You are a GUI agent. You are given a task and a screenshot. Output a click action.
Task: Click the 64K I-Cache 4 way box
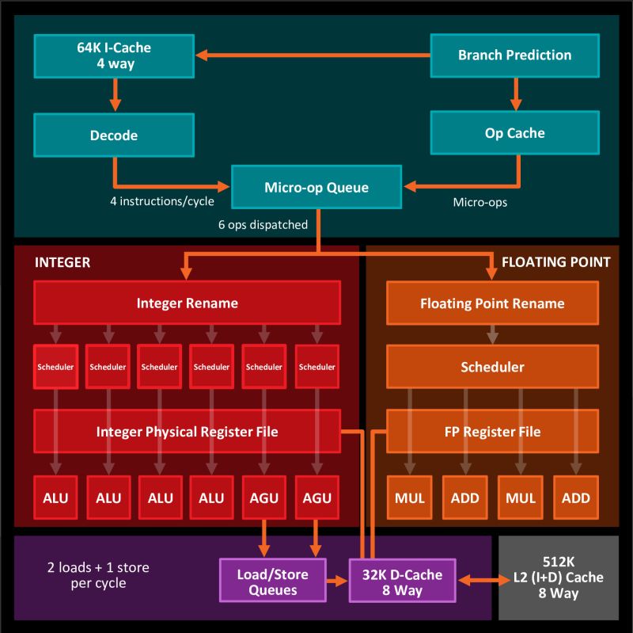tap(113, 55)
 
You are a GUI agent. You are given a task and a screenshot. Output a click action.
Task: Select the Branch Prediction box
tap(514, 55)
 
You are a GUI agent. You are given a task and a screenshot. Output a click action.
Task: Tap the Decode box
tap(113, 135)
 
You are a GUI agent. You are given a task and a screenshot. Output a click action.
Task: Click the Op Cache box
tap(514, 133)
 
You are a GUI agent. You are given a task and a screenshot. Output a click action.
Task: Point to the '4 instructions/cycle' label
tap(161, 201)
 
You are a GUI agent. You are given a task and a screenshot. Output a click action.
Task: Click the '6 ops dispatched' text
tap(263, 224)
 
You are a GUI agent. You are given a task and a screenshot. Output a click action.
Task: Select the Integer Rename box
tap(187, 303)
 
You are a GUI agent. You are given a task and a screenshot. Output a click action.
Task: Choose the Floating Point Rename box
tap(492, 303)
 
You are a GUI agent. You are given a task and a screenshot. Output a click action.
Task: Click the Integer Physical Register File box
tap(187, 432)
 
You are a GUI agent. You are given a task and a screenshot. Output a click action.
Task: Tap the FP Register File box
tap(492, 432)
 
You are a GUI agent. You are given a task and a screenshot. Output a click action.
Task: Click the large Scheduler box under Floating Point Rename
tap(492, 368)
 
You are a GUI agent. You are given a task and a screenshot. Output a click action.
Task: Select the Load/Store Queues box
tap(273, 582)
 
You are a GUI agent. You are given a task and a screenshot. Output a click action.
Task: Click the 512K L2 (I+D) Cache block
tap(558, 578)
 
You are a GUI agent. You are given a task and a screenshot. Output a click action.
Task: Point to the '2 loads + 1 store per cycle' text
tap(97, 576)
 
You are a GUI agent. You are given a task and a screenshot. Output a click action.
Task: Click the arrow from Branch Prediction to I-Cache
tap(313, 55)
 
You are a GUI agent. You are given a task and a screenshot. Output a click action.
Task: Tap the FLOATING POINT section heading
tap(556, 261)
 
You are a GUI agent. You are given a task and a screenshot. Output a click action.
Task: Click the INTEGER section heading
tap(63, 261)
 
